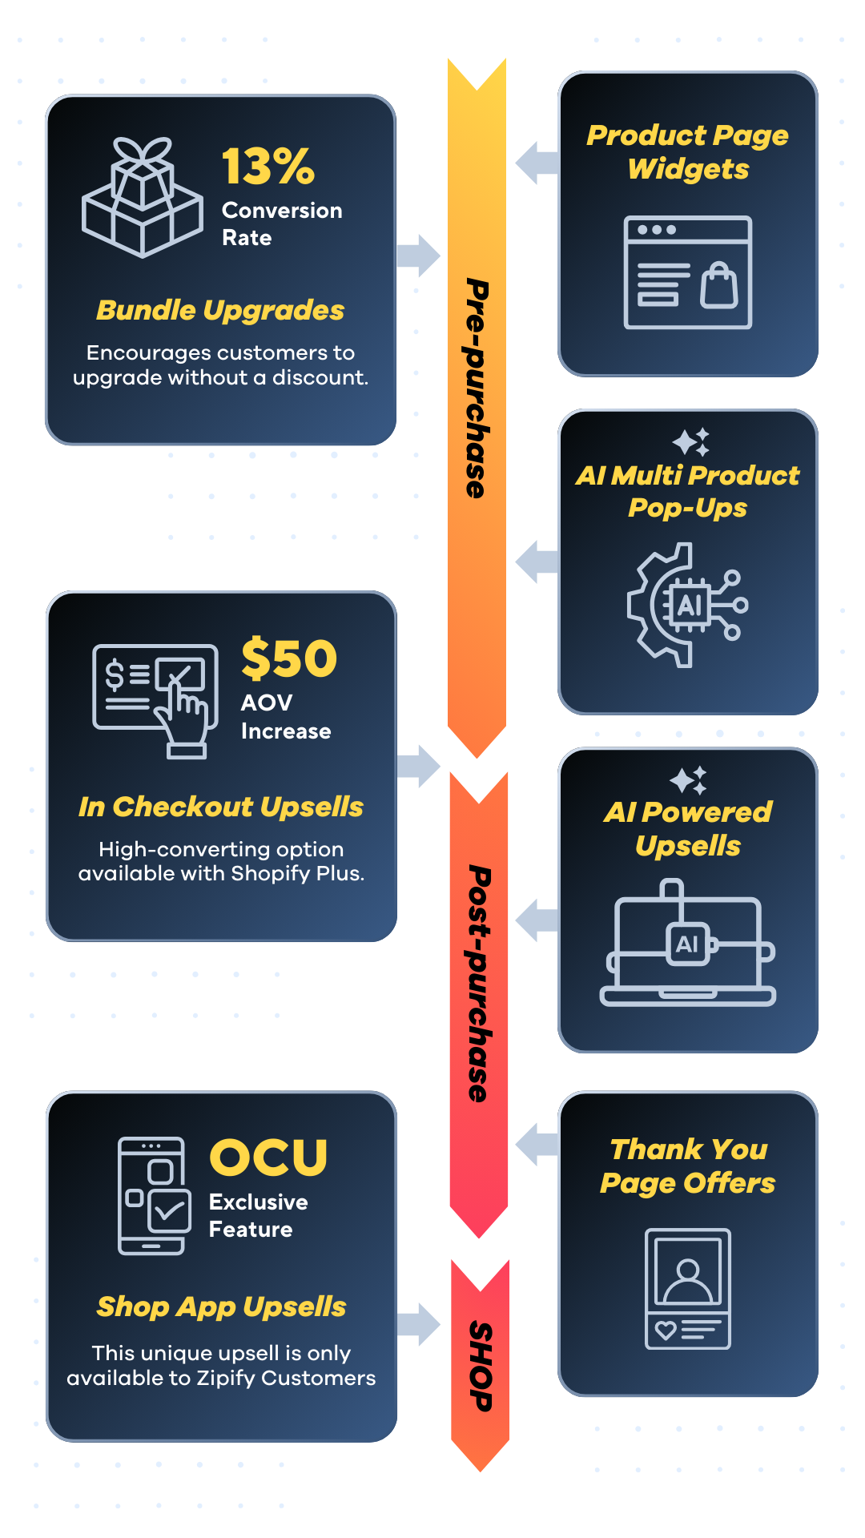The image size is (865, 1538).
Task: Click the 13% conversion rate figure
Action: tap(268, 167)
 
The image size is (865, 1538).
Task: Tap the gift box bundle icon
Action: tap(143, 197)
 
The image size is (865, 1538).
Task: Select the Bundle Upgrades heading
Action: tap(220, 310)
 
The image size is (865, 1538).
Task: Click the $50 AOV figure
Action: tap(289, 658)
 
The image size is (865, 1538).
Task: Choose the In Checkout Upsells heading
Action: tap(221, 807)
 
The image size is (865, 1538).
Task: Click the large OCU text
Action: tap(268, 1158)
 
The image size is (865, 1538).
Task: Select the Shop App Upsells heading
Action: tap(221, 1306)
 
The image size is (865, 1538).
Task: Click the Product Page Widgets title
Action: tap(688, 151)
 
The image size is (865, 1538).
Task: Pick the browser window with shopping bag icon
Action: tap(688, 272)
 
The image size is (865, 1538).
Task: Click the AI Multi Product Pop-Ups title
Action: tap(688, 491)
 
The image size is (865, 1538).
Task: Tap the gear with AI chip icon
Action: tap(687, 605)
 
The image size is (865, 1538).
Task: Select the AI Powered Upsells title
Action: tap(688, 828)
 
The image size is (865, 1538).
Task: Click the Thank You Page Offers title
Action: tap(688, 1166)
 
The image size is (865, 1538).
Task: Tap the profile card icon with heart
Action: tap(688, 1288)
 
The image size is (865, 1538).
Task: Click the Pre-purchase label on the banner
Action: tap(477, 389)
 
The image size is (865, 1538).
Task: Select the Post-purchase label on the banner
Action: tap(479, 984)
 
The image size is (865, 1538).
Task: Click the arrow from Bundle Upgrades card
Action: tap(419, 256)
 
